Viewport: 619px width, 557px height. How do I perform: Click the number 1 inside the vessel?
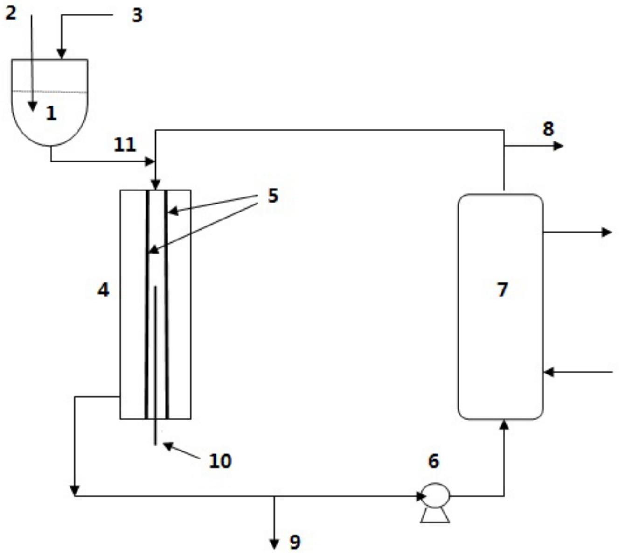point(51,113)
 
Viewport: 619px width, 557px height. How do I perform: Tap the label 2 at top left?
point(10,13)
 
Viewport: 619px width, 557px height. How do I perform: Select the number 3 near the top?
point(137,15)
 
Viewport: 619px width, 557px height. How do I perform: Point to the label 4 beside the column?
point(103,290)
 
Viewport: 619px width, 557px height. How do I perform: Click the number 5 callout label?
point(273,196)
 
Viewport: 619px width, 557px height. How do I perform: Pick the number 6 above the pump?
point(433,461)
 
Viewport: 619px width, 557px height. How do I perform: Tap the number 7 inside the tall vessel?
point(502,290)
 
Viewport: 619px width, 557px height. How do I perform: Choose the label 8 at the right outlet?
point(548,129)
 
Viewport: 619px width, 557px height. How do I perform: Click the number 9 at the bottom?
point(295,543)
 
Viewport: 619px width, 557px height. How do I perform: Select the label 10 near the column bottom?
point(220,461)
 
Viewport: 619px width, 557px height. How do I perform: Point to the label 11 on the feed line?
point(125,145)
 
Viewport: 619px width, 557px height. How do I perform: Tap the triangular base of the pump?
point(435,515)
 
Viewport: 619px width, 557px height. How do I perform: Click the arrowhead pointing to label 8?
point(559,146)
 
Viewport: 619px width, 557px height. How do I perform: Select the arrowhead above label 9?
point(275,544)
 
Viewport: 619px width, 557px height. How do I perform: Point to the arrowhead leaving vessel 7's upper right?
point(606,232)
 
